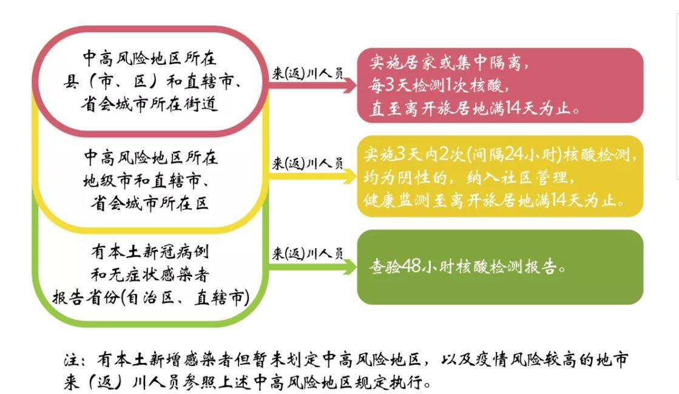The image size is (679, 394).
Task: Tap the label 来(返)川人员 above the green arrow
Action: coord(307,254)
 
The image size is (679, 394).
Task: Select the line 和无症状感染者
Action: coord(150,274)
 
